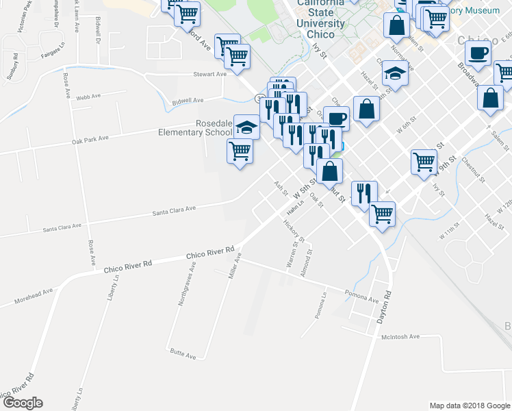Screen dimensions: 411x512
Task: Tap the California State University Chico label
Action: (320, 18)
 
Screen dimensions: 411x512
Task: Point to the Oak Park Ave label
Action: (90, 140)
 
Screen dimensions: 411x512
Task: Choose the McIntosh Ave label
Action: (400, 336)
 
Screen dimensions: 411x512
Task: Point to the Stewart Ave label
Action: (209, 74)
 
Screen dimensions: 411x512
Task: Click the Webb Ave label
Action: (88, 98)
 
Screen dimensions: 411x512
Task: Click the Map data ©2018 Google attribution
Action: (469, 406)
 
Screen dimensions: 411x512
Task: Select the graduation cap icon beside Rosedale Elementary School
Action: (246, 127)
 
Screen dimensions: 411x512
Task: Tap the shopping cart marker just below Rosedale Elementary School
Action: (240, 150)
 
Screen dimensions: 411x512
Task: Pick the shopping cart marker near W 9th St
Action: (424, 162)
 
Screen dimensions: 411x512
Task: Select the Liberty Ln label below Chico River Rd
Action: (116, 288)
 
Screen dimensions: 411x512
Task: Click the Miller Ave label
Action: (235, 266)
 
